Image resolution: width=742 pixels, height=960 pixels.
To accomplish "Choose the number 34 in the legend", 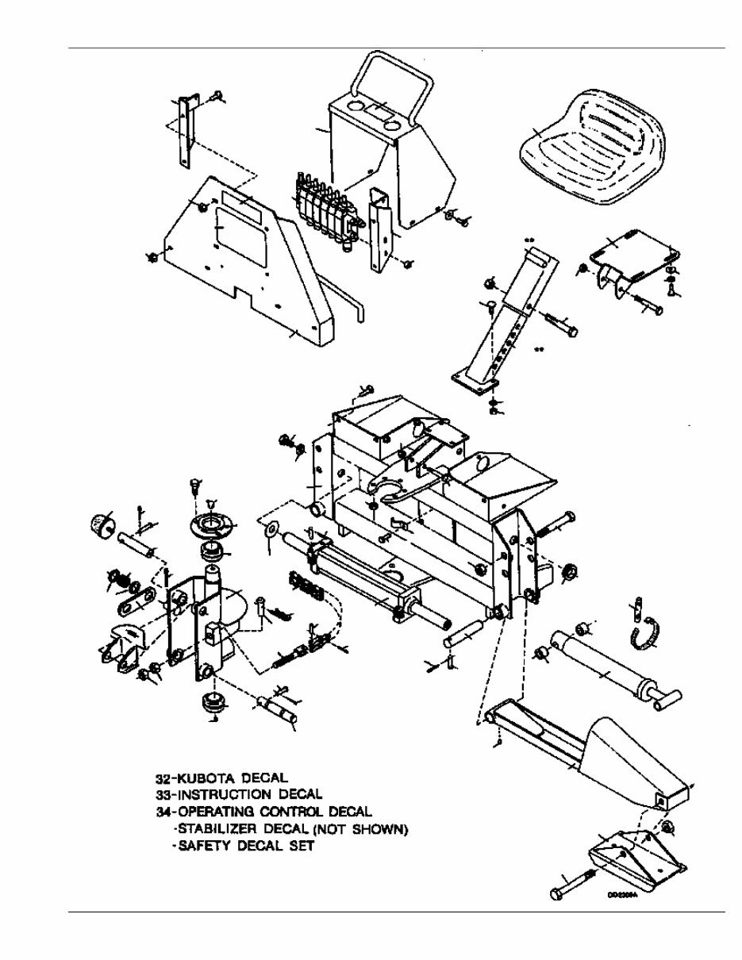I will coord(163,811).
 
